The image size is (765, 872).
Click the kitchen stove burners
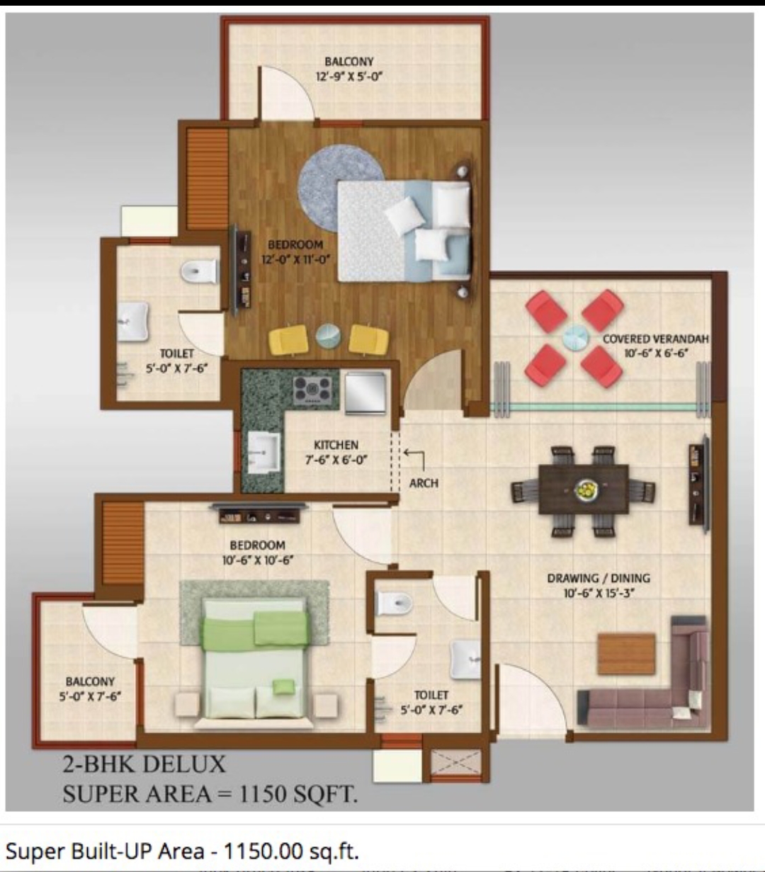click(x=312, y=390)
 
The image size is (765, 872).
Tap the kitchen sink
click(x=264, y=453)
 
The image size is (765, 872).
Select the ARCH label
click(x=424, y=483)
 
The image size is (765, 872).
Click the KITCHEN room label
click(x=336, y=445)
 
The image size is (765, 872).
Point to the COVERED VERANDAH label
click(x=656, y=339)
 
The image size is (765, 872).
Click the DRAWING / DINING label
click(x=599, y=578)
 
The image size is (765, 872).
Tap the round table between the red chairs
click(x=574, y=337)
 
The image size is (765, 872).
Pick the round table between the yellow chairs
click(x=328, y=336)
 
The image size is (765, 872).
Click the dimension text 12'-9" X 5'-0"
click(x=349, y=77)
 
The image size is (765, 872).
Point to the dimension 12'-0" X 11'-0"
click(x=296, y=259)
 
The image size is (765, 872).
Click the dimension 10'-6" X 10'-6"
click(x=257, y=560)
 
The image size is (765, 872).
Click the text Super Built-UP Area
click(x=105, y=851)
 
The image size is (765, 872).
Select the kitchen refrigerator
click(x=365, y=392)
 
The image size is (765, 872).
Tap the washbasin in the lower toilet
click(x=465, y=659)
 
